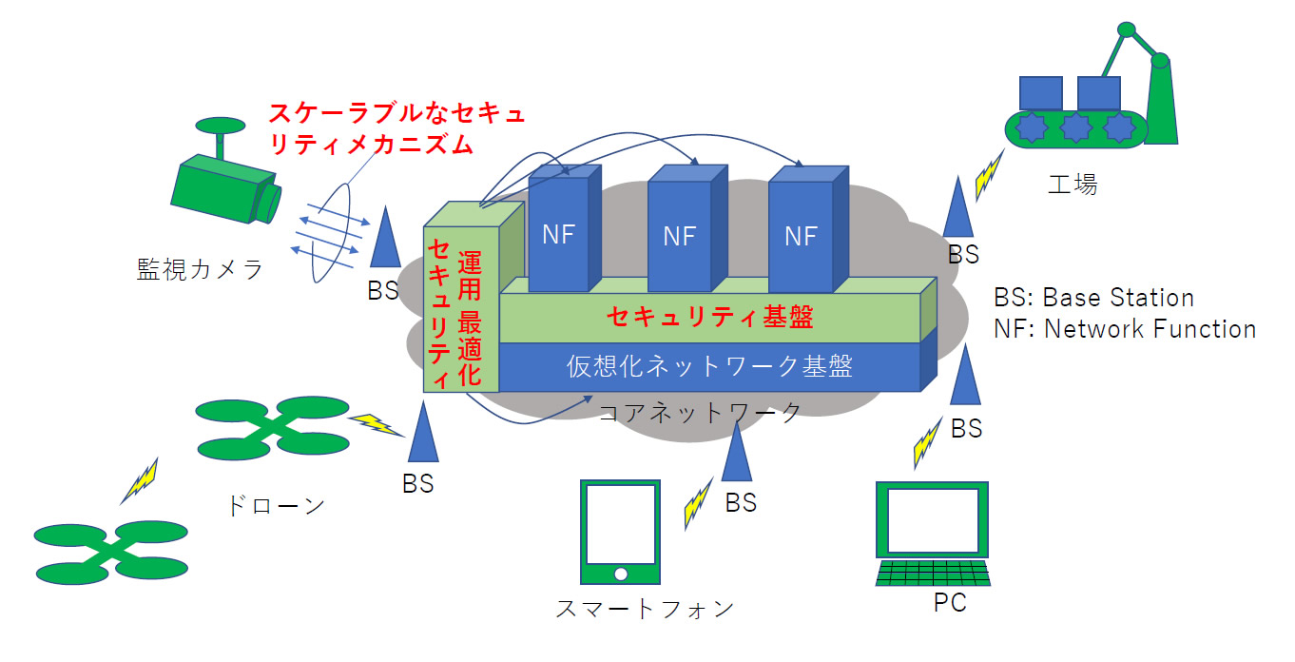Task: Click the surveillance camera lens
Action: (x=270, y=201)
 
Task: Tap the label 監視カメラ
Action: (x=200, y=270)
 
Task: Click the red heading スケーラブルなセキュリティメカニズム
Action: (x=396, y=129)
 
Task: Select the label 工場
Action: (x=1073, y=184)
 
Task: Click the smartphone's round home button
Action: (x=620, y=573)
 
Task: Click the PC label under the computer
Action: (x=944, y=603)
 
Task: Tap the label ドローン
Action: (x=276, y=505)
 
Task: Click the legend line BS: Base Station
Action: (x=1093, y=298)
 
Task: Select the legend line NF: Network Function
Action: (x=1125, y=329)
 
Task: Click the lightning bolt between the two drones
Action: (x=140, y=481)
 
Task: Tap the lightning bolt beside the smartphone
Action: (x=698, y=503)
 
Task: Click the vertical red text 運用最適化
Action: (x=470, y=319)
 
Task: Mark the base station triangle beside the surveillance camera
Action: (x=385, y=238)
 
